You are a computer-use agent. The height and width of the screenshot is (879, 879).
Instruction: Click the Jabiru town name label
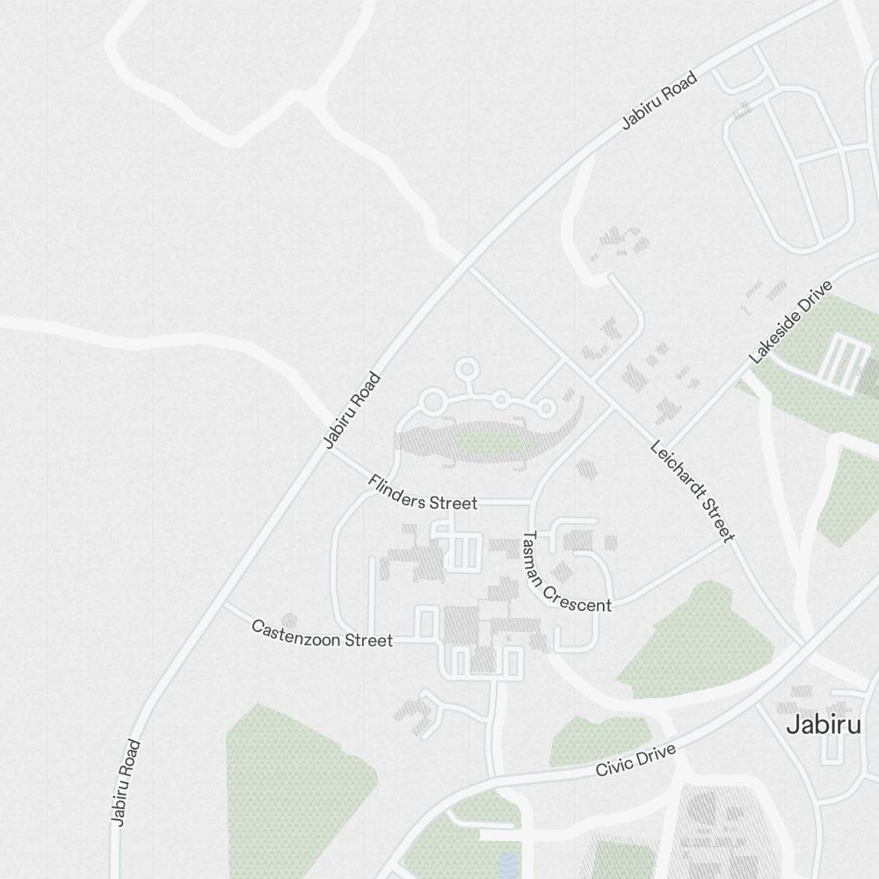pos(824,724)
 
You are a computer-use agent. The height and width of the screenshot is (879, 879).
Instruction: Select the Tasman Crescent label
pos(566,572)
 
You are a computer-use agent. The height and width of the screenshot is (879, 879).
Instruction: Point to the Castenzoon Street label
pos(322,634)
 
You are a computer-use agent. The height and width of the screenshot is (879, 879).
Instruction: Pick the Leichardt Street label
pos(692,490)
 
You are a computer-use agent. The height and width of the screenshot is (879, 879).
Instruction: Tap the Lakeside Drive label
pos(789,323)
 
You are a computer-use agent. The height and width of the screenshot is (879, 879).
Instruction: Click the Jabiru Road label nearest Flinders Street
pos(352,410)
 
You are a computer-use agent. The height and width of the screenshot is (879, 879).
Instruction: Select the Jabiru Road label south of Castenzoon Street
pos(126,782)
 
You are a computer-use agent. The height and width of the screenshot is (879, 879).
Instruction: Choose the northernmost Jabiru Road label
pos(659,101)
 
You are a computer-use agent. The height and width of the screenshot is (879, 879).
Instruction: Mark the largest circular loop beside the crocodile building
pos(433,403)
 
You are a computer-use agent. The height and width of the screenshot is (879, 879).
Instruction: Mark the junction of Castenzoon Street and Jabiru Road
pos(224,605)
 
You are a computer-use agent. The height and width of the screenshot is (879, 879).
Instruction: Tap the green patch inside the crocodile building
pos(486,440)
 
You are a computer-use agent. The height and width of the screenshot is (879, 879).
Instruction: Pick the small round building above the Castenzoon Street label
pos(289,621)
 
